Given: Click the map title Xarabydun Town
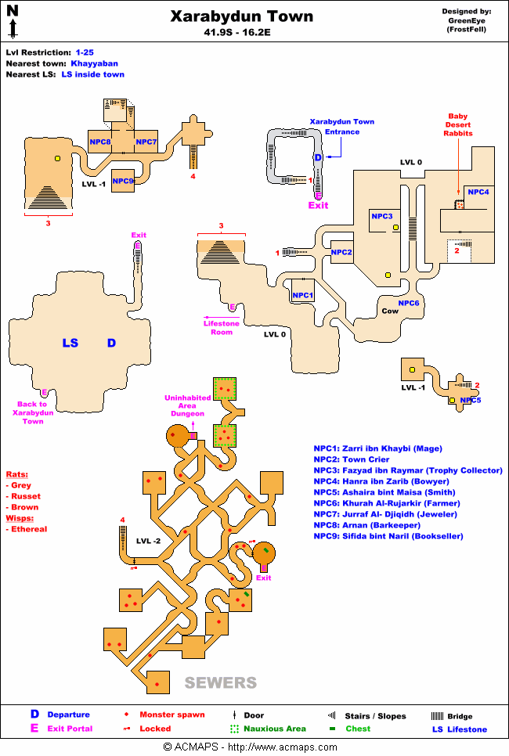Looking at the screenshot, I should click(x=242, y=16).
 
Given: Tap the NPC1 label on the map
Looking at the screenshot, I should click(x=302, y=295).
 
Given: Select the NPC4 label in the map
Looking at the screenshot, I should click(x=478, y=192).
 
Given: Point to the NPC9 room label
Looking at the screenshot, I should click(x=123, y=181).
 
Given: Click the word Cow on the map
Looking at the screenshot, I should click(x=390, y=311).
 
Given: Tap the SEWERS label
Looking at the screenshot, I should click(x=220, y=682).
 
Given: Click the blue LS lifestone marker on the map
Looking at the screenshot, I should click(x=70, y=343).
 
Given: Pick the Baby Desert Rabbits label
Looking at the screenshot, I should click(x=458, y=124).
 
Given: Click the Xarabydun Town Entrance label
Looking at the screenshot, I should click(x=342, y=127).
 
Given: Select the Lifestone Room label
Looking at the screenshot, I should click(x=222, y=327).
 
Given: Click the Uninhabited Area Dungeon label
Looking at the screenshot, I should click(x=184, y=405).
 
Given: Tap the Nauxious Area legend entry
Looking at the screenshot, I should click(x=273, y=729).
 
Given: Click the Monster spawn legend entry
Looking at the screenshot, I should click(x=171, y=715).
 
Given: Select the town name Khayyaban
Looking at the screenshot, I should click(x=96, y=63).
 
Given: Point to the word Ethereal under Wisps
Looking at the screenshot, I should click(x=30, y=529).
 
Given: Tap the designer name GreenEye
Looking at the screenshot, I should click(x=466, y=20).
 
